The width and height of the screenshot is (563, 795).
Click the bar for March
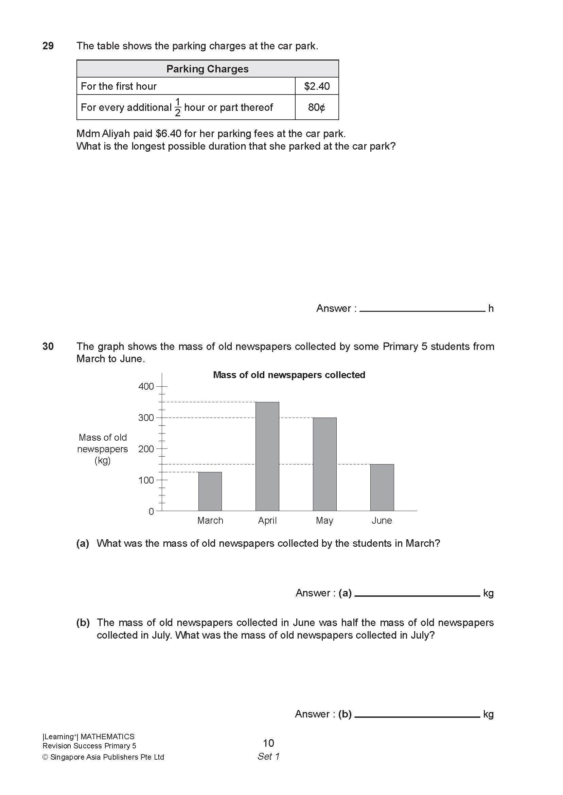pos(210,491)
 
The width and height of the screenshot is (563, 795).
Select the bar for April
pos(267,456)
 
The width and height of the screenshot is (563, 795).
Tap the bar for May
pos(324,464)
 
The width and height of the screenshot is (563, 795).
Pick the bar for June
pos(382,487)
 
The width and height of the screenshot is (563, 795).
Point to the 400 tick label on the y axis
pos(146,386)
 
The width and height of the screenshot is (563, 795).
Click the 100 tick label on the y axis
pos(146,480)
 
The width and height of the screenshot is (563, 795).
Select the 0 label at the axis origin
pos(151,512)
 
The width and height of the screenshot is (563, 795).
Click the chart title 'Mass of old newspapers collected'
pos(289,375)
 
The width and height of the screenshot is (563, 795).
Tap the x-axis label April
pos(267,521)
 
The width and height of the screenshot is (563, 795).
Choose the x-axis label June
pos(382,521)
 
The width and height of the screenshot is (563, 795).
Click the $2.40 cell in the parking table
pos(317,86)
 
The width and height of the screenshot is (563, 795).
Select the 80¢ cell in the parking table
pos(317,107)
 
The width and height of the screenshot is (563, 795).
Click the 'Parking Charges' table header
pos(207,69)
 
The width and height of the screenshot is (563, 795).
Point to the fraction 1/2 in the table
pos(178,107)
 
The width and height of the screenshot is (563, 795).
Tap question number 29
pos(48,46)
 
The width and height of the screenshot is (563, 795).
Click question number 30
pos(48,346)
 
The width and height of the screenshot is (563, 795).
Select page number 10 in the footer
pos(268,743)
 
